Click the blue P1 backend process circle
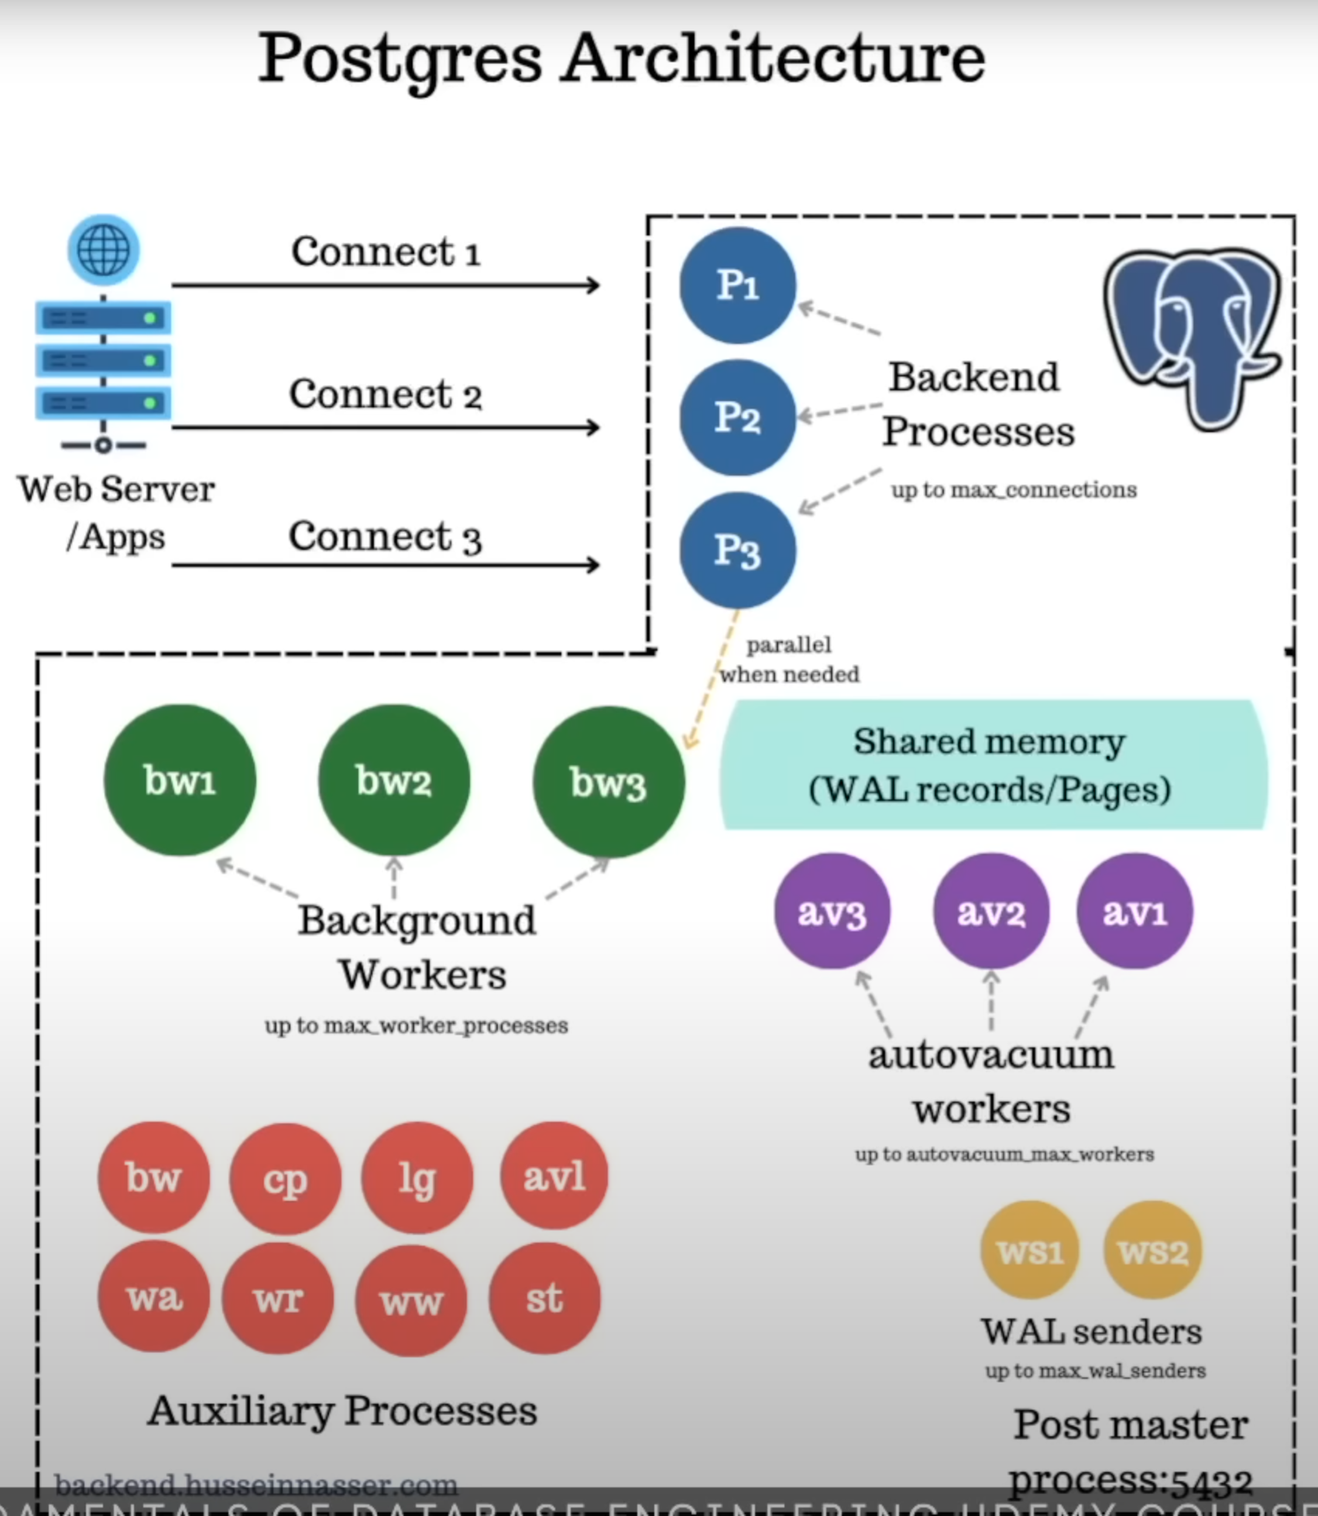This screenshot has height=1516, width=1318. click(x=737, y=285)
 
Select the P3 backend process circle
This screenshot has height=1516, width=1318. click(x=737, y=551)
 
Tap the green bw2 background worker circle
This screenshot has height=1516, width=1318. click(x=393, y=780)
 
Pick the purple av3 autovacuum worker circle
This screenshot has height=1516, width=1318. click(x=832, y=911)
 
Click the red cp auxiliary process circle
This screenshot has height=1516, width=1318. click(x=285, y=1178)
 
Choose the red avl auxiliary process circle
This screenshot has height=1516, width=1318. click(x=554, y=1176)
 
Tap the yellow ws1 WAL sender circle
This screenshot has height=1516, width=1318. click(x=1029, y=1250)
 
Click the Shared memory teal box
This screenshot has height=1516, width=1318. click(x=993, y=765)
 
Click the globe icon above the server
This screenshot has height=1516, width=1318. click(x=104, y=249)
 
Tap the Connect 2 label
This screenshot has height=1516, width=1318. click(x=385, y=394)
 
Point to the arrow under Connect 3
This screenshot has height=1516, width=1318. click(x=385, y=565)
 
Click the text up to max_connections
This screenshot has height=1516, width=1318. click(x=1013, y=490)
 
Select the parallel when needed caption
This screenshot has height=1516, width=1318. click(x=789, y=660)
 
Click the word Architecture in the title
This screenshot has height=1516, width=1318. click(x=773, y=59)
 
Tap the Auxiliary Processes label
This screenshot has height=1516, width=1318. click(x=342, y=1411)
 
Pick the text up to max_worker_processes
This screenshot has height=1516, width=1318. click(x=416, y=1026)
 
